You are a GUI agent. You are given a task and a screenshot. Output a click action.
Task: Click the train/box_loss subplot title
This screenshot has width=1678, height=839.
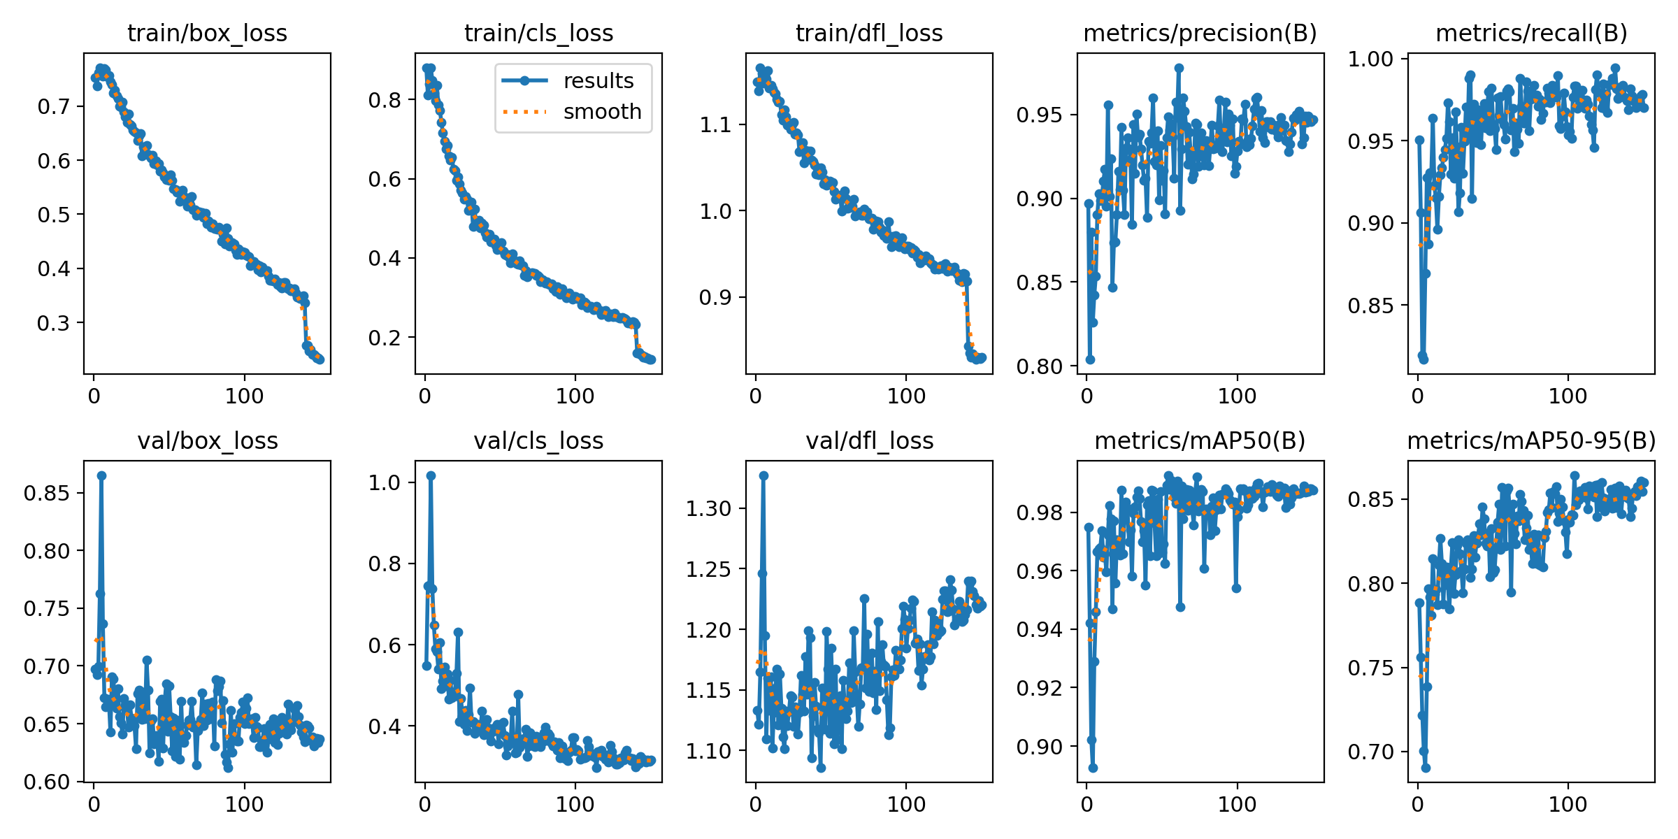pyautogui.click(x=207, y=33)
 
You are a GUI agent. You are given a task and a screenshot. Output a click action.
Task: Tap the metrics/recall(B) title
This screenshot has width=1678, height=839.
pyautogui.click(x=1531, y=33)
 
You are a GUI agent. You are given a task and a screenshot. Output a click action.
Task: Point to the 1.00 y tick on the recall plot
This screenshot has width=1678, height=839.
pyautogui.click(x=1370, y=59)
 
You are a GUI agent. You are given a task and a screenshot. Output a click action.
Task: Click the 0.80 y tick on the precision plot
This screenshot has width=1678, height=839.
pyautogui.click(x=1039, y=366)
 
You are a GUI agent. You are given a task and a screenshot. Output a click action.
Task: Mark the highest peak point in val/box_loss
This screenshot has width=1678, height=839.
pyautogui.click(x=101, y=475)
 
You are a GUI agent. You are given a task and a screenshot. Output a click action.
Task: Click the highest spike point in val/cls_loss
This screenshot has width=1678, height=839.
pyautogui.click(x=431, y=475)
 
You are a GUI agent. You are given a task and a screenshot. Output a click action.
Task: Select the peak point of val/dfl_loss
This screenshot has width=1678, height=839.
pyautogui.click(x=763, y=475)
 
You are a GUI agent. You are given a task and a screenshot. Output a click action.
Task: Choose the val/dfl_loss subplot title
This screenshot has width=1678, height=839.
pyautogui.click(x=869, y=440)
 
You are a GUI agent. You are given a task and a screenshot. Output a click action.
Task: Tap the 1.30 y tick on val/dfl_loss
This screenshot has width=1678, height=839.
pyautogui.click(x=708, y=508)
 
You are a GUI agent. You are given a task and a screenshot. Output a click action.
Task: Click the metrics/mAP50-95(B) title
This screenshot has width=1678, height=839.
pyautogui.click(x=1531, y=440)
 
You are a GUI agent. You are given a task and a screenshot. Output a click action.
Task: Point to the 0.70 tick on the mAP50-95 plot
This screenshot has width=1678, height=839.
pyautogui.click(x=1370, y=752)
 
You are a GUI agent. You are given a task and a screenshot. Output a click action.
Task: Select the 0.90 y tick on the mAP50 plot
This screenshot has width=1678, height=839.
pyautogui.click(x=1039, y=747)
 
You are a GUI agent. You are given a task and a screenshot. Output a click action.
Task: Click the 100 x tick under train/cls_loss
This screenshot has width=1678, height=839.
pyautogui.click(x=575, y=396)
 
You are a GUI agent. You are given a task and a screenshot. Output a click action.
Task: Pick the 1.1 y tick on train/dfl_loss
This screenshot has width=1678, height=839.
pyautogui.click(x=715, y=125)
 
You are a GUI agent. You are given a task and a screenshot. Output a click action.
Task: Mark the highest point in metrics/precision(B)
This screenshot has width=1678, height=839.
pyautogui.click(x=1179, y=69)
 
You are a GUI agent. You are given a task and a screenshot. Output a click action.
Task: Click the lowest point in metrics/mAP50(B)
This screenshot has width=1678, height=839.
pyautogui.click(x=1093, y=768)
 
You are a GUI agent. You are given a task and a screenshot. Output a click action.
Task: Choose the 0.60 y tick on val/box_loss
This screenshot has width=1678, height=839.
pyautogui.click(x=46, y=782)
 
